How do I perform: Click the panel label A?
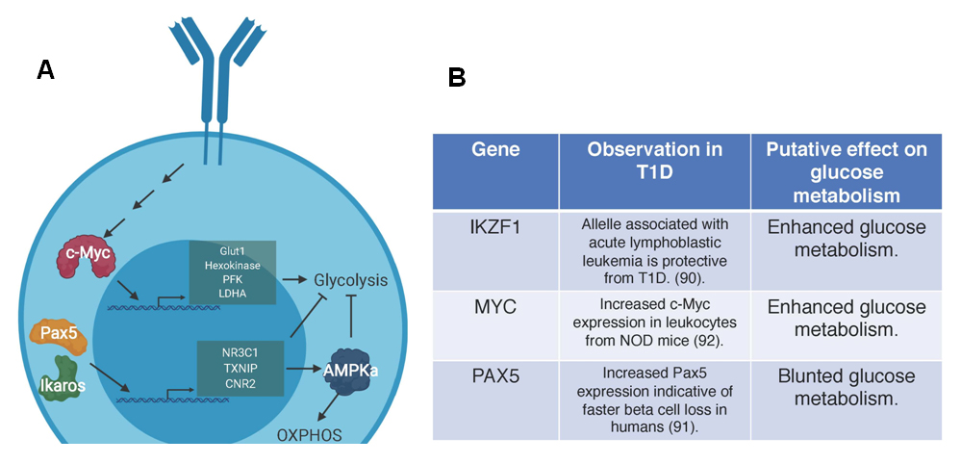point(44,69)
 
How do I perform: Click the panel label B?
point(457,78)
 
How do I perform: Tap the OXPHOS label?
point(309,434)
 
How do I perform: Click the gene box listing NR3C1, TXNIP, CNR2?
point(240,366)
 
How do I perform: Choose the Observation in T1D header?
point(654,160)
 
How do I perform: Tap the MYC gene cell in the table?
point(495,307)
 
